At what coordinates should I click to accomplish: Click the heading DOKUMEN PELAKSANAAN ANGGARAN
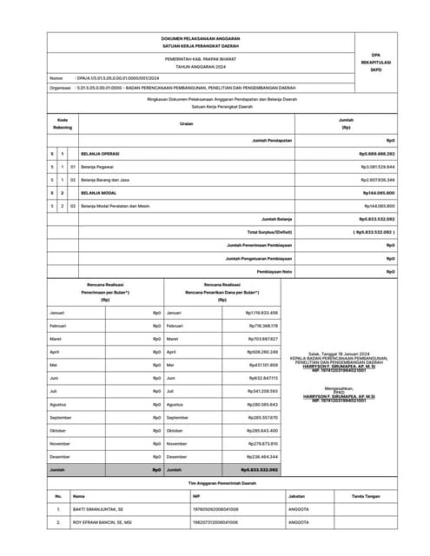click(199, 39)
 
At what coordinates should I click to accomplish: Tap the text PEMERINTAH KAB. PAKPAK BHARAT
click(200, 58)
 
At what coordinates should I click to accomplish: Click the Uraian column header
click(186, 124)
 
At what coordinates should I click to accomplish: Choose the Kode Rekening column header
click(63, 123)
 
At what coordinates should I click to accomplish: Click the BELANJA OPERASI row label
click(103, 152)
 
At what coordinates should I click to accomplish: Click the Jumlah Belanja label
click(275, 220)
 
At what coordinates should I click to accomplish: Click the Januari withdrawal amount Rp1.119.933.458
click(261, 312)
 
